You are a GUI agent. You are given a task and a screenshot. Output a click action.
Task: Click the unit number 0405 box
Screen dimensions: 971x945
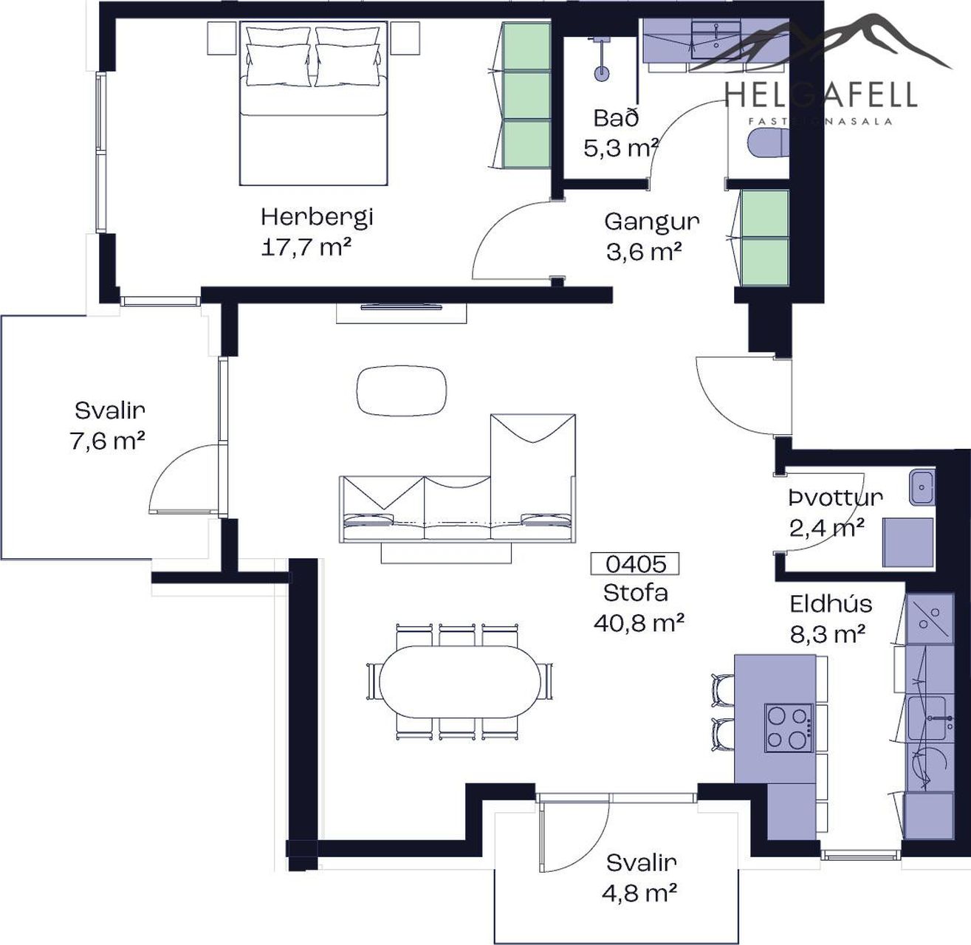635,564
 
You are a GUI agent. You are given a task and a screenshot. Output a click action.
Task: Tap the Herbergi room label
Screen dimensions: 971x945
318,217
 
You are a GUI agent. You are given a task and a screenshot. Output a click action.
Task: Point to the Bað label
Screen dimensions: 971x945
617,117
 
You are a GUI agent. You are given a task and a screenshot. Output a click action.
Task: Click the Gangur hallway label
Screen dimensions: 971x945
652,222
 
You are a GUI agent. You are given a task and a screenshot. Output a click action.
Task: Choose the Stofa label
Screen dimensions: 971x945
635,594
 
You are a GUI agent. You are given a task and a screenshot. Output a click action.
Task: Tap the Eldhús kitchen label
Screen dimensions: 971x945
831,604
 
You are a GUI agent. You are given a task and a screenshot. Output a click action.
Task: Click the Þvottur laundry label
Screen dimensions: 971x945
835,498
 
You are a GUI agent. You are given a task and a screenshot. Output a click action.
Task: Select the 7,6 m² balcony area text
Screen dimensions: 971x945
107,441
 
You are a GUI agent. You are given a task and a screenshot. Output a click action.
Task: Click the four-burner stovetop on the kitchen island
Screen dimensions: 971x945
789,729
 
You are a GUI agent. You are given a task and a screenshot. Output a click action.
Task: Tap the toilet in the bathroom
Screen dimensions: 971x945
769,142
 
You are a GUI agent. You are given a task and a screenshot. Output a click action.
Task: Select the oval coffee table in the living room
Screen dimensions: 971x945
402,391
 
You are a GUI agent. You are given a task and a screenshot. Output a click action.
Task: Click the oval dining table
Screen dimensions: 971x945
459,682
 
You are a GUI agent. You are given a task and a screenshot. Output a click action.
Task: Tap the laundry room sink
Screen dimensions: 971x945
922,487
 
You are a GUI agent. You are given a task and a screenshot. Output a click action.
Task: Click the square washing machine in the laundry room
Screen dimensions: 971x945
907,543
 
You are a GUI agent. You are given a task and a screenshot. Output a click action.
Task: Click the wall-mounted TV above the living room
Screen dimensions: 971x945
401,307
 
